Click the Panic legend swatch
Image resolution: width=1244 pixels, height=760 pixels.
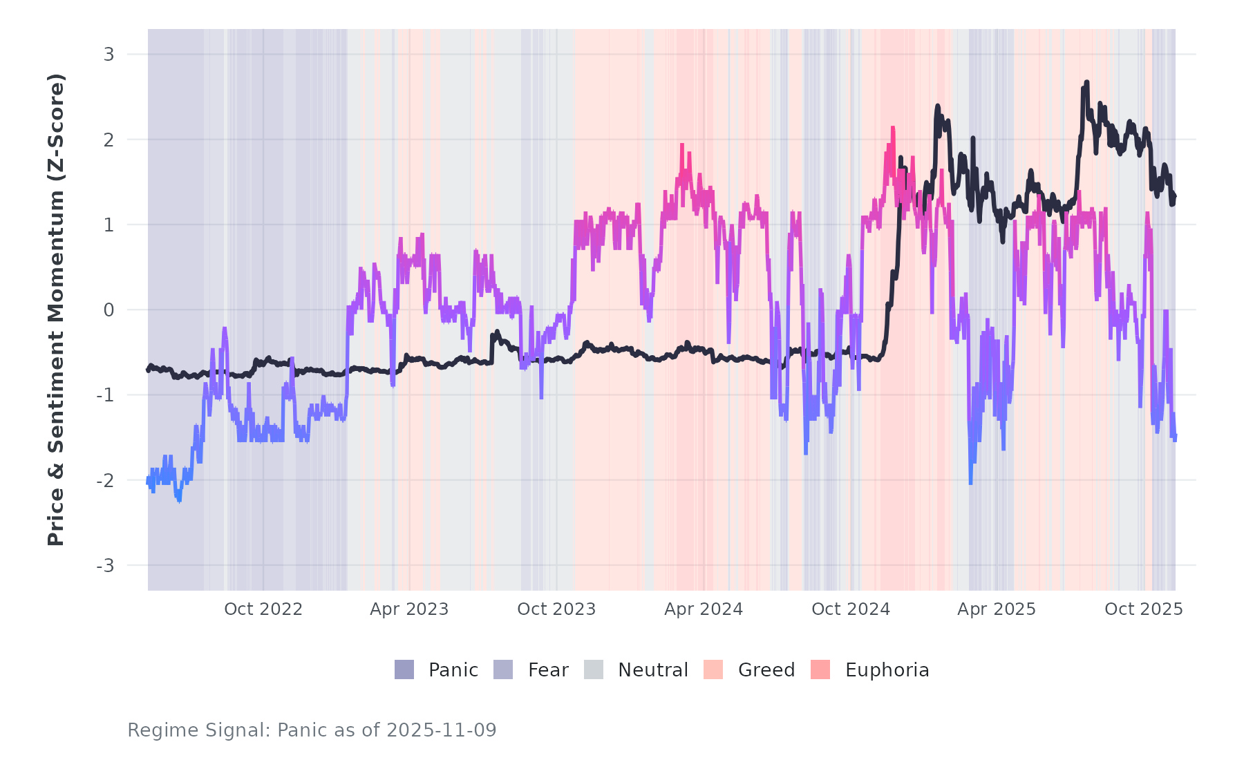[x=404, y=669]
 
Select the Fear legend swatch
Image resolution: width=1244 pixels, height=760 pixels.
[x=503, y=669]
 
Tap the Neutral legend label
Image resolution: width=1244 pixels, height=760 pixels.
[x=652, y=669]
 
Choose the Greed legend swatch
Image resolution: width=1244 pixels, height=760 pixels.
[x=713, y=669]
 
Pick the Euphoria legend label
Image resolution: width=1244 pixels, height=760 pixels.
[x=887, y=669]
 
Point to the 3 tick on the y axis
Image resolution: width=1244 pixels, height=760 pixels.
[x=109, y=54]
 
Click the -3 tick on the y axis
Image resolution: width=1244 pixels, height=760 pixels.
[x=105, y=566]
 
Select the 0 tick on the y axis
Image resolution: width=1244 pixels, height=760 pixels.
[x=109, y=310]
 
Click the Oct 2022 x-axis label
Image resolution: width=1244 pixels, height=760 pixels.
[x=263, y=609]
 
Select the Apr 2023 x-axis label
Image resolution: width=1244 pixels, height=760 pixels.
[x=409, y=609]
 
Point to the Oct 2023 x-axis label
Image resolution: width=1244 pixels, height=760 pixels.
[x=556, y=609]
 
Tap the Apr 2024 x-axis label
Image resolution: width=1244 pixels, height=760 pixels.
[x=704, y=609]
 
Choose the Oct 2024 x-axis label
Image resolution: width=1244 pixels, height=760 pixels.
[x=851, y=609]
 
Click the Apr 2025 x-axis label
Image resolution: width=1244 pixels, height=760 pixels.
[x=997, y=609]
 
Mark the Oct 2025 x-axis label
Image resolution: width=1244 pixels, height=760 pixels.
[x=1144, y=609]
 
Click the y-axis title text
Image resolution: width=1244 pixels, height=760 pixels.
[x=55, y=310]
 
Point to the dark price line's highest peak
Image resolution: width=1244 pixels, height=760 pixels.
[x=1086, y=82]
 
